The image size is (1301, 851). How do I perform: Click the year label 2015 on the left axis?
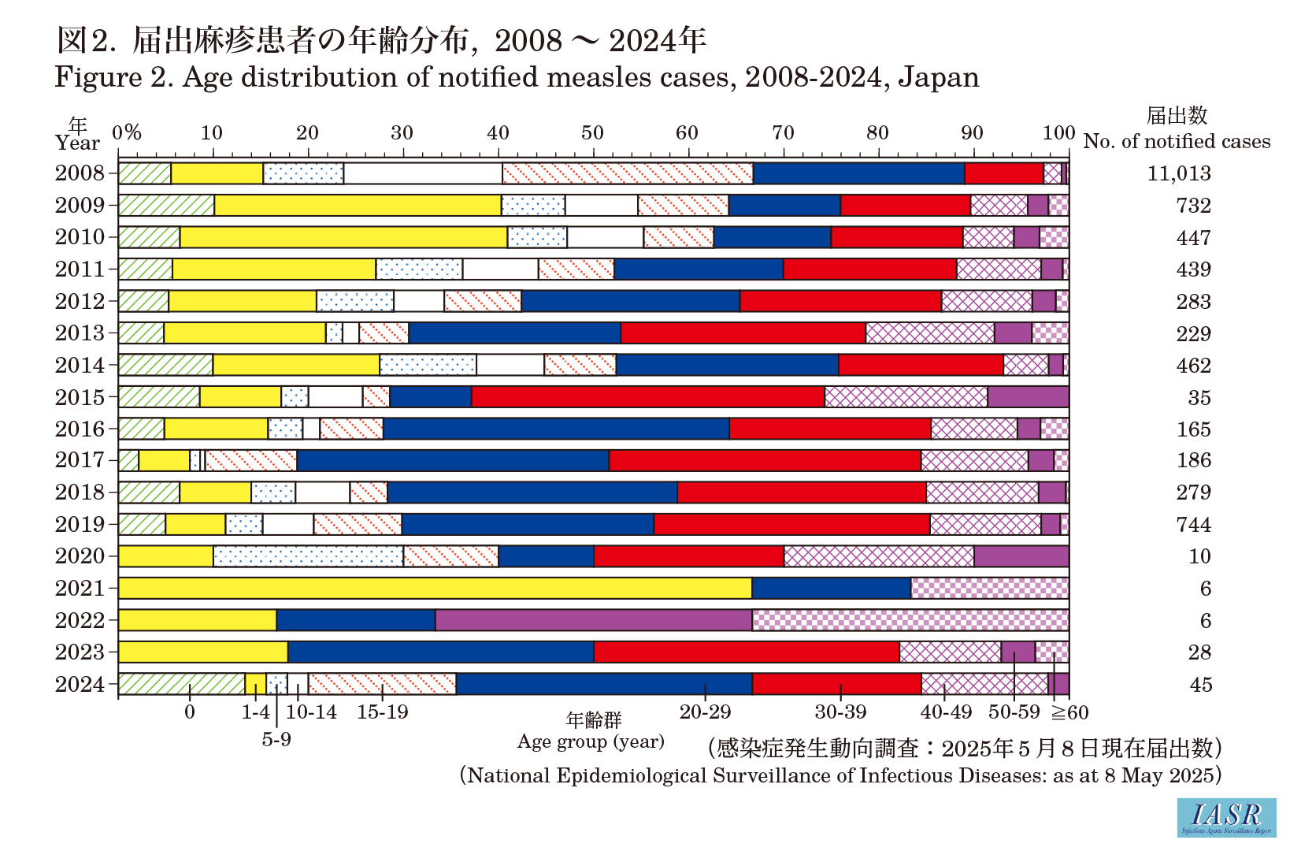coord(80,397)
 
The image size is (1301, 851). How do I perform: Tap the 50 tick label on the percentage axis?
coord(591,132)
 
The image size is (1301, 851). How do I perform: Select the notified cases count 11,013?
coord(1178,173)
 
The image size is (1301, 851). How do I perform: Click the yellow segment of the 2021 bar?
coord(435,588)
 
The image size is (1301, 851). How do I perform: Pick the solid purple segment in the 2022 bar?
coord(593,620)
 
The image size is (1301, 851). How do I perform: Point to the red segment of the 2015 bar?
coord(647,397)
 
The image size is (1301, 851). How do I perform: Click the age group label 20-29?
coord(705,712)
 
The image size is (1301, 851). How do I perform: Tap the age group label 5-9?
coord(276,740)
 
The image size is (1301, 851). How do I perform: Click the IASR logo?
coord(1226,817)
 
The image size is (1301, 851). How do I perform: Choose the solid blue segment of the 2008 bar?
coord(858,173)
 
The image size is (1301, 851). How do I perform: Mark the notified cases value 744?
coord(1193,525)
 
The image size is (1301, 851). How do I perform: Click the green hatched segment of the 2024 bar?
coord(181,684)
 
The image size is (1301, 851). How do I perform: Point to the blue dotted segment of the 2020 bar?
coord(308,556)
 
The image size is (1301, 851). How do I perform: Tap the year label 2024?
coord(80,684)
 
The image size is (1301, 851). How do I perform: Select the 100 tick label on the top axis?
coord(1058,132)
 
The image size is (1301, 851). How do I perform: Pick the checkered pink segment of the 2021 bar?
coord(989,588)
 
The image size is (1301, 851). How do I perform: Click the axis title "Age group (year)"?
coord(591,741)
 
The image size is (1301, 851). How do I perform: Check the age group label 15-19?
coord(383,712)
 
